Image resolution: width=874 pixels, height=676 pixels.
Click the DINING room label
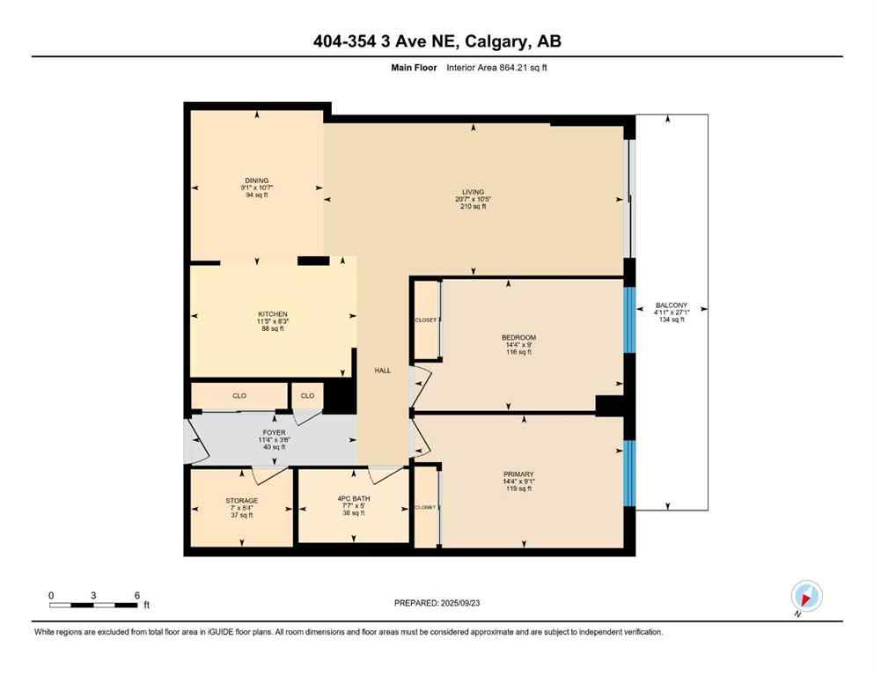[x=257, y=180]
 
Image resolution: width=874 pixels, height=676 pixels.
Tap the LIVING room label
[x=474, y=192]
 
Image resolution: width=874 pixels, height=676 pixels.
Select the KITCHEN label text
[x=273, y=314]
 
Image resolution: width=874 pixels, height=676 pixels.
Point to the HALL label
[x=383, y=371]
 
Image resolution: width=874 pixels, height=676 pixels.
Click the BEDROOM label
[x=518, y=337]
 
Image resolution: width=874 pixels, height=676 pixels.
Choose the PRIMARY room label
[x=518, y=474]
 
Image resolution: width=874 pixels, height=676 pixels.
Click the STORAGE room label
[x=241, y=501]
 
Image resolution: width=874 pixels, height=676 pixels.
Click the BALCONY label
[x=670, y=305]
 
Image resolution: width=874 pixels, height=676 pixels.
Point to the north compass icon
[x=806, y=597]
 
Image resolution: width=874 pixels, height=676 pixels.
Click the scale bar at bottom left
[x=93, y=605]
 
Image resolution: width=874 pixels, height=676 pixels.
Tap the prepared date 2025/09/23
[x=437, y=603]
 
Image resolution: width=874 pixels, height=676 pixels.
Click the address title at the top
[x=437, y=41]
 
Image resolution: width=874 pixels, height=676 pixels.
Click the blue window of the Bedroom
[x=628, y=320]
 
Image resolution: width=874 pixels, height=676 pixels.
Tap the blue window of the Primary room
[x=628, y=473]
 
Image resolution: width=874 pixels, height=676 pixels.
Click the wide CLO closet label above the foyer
[x=239, y=396]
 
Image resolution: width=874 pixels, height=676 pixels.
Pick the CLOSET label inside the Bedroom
[x=426, y=320]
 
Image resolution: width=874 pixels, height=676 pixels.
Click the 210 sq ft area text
[x=474, y=207]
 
